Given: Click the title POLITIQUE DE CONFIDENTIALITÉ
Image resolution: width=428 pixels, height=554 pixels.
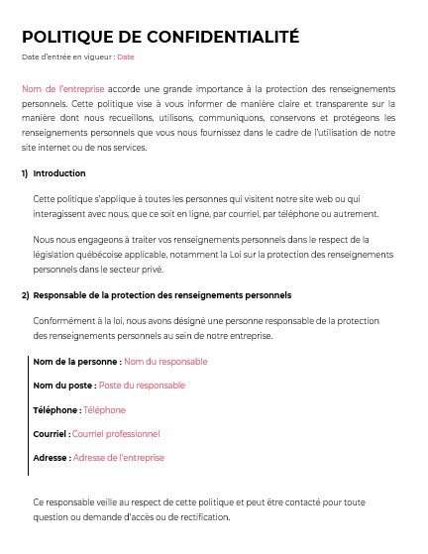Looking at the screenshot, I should pyautogui.click(x=160, y=38).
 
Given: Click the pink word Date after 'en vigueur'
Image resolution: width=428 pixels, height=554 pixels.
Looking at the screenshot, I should pyautogui.click(x=125, y=57).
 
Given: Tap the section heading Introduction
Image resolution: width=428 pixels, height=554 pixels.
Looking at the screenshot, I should pyautogui.click(x=59, y=173).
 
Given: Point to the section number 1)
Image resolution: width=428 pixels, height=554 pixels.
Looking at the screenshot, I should pyautogui.click(x=25, y=173).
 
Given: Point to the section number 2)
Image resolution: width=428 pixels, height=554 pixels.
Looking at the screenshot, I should pyautogui.click(x=25, y=295).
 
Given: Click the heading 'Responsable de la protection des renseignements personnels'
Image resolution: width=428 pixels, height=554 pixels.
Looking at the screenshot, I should pyautogui.click(x=162, y=295).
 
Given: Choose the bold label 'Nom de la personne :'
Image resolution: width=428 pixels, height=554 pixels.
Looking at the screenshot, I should pyautogui.click(x=77, y=362).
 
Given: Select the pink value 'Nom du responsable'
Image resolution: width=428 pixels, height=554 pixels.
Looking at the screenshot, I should pyautogui.click(x=165, y=362).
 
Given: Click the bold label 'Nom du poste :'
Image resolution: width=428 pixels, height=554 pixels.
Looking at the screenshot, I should pyautogui.click(x=64, y=386).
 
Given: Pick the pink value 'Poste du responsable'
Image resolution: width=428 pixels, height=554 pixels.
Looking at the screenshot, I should pyautogui.click(x=142, y=386).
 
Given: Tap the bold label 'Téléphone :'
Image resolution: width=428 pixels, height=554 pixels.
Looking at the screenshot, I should pyautogui.click(x=56, y=410).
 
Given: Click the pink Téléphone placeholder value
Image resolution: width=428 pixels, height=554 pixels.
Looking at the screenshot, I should pyautogui.click(x=104, y=410).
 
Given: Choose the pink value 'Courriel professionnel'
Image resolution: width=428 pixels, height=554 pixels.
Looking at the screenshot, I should pyautogui.click(x=116, y=434).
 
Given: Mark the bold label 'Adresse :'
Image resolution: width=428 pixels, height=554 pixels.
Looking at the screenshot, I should pyautogui.click(x=52, y=458).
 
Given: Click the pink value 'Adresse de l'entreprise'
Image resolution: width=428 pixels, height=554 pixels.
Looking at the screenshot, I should pyautogui.click(x=119, y=458).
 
